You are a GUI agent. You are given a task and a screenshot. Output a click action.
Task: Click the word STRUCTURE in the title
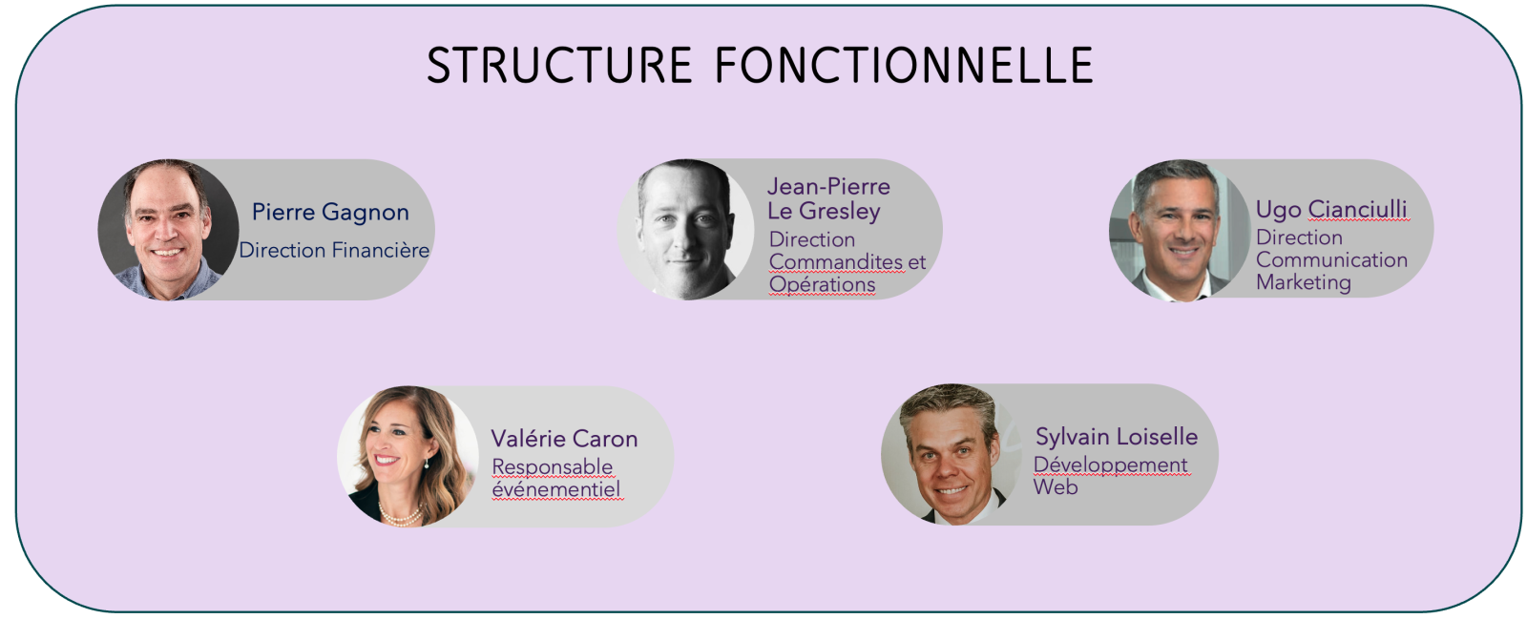[x=559, y=66]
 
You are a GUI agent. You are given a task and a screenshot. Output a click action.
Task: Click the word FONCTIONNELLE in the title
[x=905, y=66]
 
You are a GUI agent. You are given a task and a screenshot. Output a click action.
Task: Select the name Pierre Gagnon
[x=330, y=213]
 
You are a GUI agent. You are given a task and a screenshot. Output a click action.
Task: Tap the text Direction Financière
[x=334, y=250]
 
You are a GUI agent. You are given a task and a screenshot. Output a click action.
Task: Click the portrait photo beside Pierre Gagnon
[x=168, y=230]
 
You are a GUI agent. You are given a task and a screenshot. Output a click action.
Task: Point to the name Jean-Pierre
[x=829, y=186]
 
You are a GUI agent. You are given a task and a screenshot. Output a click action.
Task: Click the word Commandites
[x=836, y=261]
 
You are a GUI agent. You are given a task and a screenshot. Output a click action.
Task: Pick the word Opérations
[x=822, y=284]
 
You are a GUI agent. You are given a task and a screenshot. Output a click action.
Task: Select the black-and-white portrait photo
[x=686, y=230]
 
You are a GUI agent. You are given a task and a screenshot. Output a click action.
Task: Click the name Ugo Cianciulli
[x=1331, y=210]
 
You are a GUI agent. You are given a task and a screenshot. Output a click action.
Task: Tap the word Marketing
[x=1304, y=282]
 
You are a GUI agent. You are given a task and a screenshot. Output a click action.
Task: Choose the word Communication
[x=1331, y=259]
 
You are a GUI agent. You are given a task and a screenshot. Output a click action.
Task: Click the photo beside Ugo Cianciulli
[x=1179, y=231]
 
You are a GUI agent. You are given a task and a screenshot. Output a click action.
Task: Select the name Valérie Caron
[x=564, y=439]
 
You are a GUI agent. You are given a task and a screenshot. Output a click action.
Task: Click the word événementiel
[x=556, y=489]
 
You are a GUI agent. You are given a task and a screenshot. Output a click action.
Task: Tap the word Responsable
[x=553, y=467]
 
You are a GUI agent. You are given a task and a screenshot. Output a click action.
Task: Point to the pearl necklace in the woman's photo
[x=401, y=515]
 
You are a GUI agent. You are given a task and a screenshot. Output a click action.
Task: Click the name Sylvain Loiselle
[x=1117, y=437]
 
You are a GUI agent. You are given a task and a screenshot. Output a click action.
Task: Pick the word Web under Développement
[x=1056, y=486]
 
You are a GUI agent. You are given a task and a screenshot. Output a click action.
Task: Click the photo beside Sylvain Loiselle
[x=951, y=454]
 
